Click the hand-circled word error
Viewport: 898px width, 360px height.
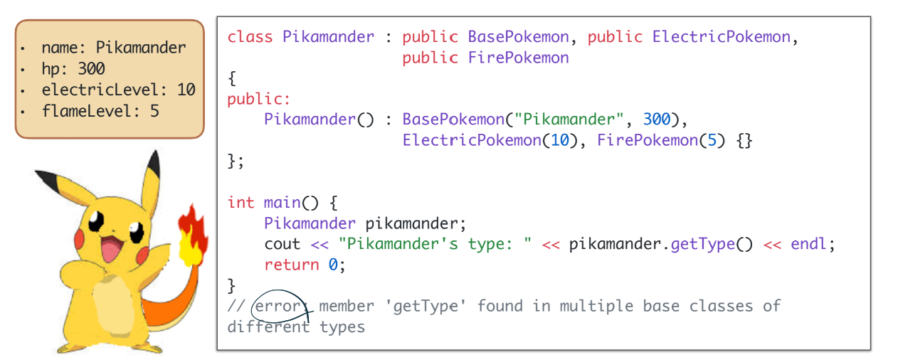(x=280, y=306)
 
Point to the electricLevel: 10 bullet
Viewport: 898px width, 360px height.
(x=117, y=90)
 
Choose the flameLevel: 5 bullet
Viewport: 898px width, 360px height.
(x=100, y=111)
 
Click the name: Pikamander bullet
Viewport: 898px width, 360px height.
(x=113, y=48)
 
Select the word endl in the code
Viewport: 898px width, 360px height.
(x=810, y=244)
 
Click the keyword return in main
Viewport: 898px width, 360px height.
(x=291, y=265)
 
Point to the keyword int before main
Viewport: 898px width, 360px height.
(x=241, y=202)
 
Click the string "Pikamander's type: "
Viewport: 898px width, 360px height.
(x=435, y=244)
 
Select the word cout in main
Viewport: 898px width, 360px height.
(x=282, y=244)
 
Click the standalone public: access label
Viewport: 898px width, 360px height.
(x=259, y=99)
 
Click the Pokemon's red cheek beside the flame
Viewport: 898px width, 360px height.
(x=142, y=254)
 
